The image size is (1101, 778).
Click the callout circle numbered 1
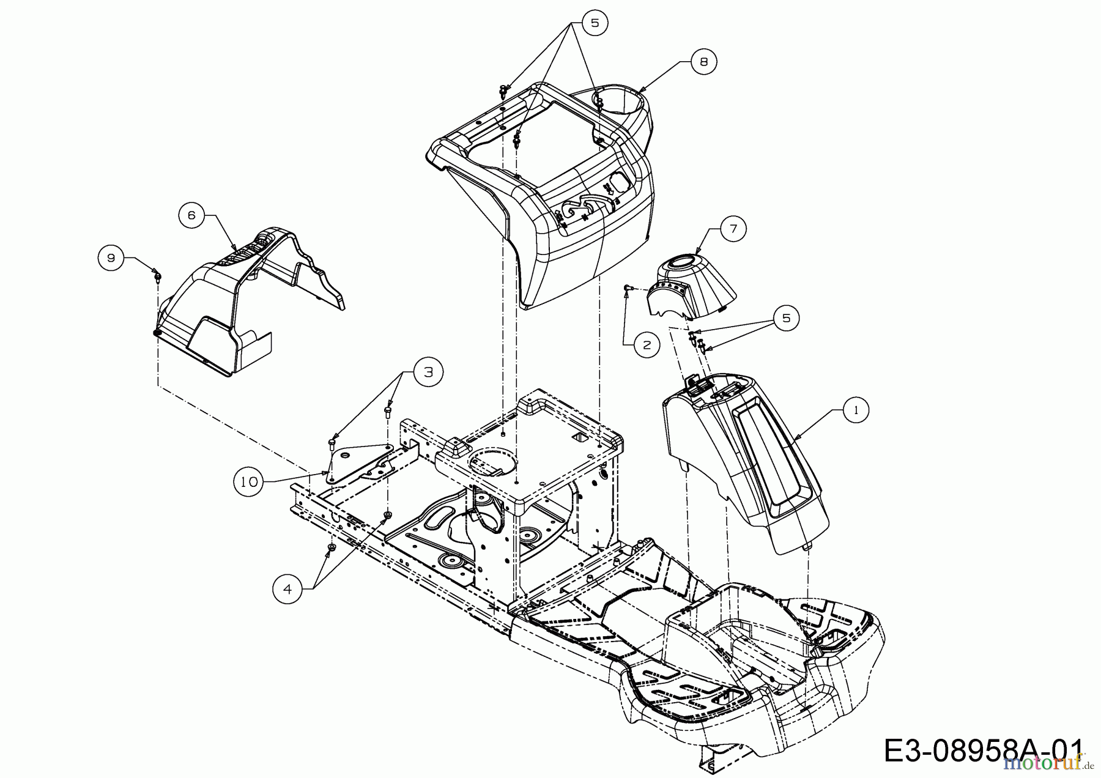[x=855, y=410]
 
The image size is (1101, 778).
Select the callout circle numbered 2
[x=647, y=345]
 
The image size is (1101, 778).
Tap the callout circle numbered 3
[x=428, y=372]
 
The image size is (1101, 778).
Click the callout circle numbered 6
[x=191, y=215]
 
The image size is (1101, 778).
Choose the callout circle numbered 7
[x=733, y=229]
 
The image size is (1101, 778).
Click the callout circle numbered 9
[x=111, y=258]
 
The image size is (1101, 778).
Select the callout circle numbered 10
[x=249, y=482]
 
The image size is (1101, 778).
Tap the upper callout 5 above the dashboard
[x=594, y=23]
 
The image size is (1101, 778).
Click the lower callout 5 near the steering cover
[x=785, y=318]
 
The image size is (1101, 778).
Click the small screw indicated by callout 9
[x=157, y=277]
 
